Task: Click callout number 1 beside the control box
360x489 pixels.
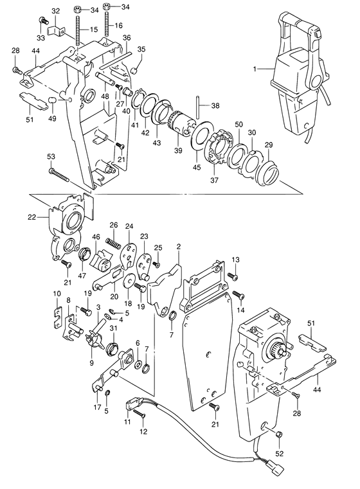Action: pos(254,67)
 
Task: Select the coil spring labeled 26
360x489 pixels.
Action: pos(114,241)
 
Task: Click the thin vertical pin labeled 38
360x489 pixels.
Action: pos(200,105)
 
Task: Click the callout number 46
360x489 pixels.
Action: pos(95,238)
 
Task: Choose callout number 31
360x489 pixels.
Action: pos(113,330)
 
